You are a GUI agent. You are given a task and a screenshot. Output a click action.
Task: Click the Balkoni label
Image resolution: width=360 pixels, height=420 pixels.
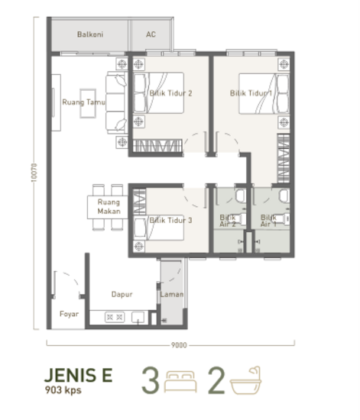pyautogui.click(x=89, y=35)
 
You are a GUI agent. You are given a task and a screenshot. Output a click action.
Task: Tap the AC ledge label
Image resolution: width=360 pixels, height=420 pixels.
pyautogui.click(x=151, y=35)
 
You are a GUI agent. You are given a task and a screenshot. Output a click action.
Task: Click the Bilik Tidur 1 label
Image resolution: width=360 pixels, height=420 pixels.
pyautogui.click(x=251, y=94)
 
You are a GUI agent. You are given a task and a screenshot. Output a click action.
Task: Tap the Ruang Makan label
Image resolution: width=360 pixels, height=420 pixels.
pyautogui.click(x=108, y=207)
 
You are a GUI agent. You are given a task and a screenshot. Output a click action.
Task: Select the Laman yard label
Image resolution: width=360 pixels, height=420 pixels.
pyautogui.click(x=171, y=292)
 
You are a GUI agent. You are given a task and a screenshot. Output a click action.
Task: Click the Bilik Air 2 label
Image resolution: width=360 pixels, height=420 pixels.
pyautogui.click(x=229, y=221)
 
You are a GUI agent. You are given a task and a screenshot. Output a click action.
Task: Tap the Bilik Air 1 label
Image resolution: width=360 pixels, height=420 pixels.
pyautogui.click(x=269, y=221)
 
